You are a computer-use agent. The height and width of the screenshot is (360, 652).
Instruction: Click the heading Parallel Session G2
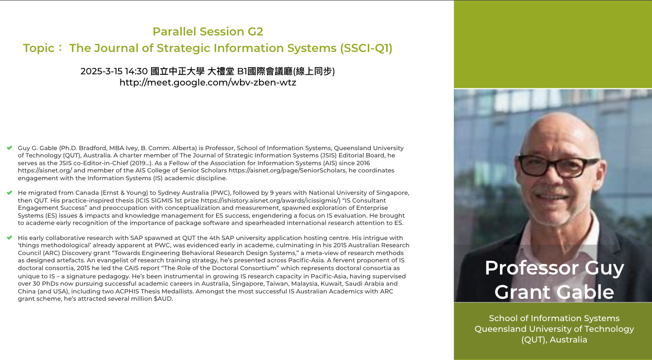208,32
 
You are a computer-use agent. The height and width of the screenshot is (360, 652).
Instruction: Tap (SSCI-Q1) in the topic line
366,48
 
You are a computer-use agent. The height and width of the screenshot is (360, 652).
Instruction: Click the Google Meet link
208,83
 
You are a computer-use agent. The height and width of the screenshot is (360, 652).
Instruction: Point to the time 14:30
136,71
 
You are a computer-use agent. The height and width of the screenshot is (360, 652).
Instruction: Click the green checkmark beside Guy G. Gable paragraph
10,148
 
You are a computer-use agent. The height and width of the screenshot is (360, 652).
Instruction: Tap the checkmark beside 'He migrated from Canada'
10,193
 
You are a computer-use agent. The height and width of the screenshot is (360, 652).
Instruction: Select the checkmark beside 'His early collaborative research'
10,238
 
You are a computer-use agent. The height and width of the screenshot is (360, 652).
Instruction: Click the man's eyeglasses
558,166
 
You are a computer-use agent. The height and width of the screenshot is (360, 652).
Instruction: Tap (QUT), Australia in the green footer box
554,340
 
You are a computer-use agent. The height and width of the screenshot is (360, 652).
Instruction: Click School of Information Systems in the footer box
554,318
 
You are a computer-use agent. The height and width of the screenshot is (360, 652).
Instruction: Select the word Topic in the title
39,48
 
